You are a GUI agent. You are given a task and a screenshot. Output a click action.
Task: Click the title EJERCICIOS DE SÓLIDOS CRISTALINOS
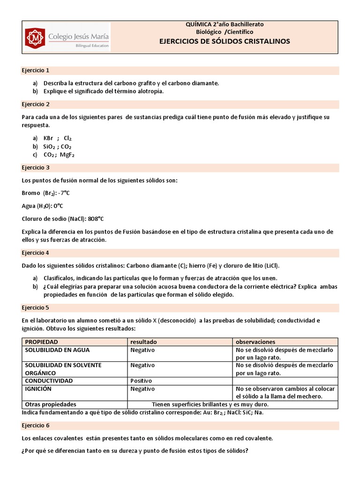point(225,41)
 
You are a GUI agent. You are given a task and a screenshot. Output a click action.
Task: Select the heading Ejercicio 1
point(36,70)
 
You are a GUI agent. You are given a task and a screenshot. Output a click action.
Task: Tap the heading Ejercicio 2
point(36,104)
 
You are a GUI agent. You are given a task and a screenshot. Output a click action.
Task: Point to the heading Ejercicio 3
point(36,167)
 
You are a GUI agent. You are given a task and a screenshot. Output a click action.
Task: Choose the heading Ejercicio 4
point(36,253)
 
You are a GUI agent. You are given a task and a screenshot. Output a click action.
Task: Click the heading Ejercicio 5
point(36,307)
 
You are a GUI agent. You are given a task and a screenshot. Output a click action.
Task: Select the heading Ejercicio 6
point(36,425)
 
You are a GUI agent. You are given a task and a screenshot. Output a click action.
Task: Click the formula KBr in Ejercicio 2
point(48,138)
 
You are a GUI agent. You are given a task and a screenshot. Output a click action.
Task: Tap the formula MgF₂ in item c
point(69,155)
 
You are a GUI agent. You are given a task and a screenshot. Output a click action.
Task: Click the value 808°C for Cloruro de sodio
point(96,218)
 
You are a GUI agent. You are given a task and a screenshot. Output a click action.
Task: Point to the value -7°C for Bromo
point(64,193)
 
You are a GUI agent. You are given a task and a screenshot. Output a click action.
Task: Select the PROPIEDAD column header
point(42,342)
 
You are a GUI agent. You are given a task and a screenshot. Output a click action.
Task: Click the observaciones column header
point(255,342)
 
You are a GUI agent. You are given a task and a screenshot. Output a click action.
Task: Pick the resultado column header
point(143,342)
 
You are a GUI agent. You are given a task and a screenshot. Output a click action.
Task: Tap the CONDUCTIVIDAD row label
point(49,381)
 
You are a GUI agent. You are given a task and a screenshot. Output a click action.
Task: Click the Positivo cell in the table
point(142,381)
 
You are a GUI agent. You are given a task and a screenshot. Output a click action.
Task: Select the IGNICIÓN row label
point(38,389)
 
